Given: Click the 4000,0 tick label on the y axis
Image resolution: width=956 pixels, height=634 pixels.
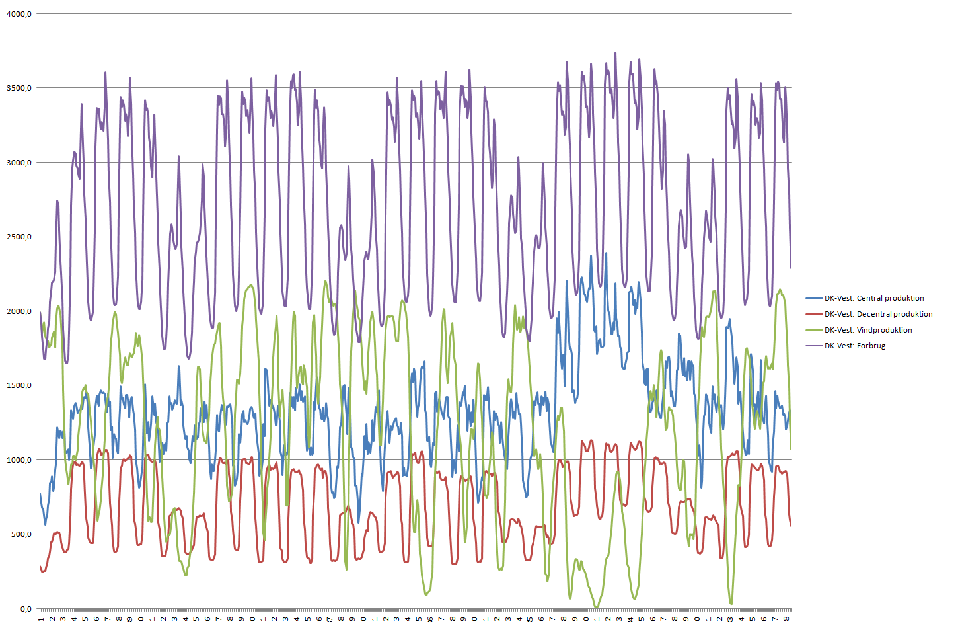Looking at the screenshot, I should [19, 14].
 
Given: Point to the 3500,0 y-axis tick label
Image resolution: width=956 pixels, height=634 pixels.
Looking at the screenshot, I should [19, 88].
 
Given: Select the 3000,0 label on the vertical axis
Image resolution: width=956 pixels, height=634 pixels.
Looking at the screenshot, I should [19, 163].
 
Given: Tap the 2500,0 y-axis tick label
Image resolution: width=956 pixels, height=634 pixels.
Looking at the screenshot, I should [19, 237].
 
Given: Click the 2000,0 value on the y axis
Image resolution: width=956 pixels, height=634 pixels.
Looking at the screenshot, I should [19, 311].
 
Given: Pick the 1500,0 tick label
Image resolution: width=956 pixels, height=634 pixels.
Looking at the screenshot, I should [19, 385].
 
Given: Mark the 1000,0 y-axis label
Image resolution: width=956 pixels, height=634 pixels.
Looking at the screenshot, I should [19, 460].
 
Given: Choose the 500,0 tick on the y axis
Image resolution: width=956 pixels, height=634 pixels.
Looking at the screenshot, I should [21, 534].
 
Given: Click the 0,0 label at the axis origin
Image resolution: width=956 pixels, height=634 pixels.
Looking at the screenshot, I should [25, 609].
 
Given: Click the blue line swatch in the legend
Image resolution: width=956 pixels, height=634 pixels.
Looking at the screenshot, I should [814, 298].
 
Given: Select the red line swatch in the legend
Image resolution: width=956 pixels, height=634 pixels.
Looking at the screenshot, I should [814, 314].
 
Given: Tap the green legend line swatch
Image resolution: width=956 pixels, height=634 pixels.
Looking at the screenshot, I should [814, 330].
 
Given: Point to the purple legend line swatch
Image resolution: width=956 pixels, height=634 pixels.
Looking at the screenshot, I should [814, 346].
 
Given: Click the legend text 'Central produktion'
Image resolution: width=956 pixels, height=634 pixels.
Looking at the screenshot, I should [890, 298].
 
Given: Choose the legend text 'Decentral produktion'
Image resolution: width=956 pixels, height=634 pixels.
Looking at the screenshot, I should [895, 314].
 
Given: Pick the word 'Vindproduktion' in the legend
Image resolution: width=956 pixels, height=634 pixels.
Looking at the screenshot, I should [884, 330].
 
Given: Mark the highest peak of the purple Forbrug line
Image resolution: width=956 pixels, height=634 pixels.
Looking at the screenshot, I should [616, 53].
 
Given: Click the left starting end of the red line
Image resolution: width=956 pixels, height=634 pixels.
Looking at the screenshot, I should [40, 565].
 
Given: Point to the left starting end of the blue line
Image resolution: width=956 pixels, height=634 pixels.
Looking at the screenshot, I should [40, 494].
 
